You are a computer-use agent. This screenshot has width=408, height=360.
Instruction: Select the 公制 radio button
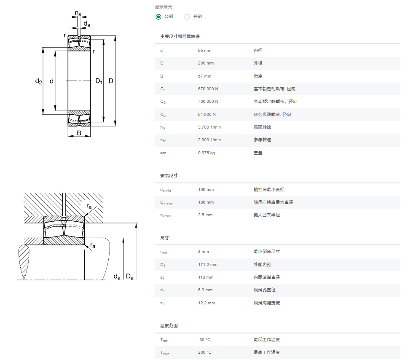[x=158, y=17]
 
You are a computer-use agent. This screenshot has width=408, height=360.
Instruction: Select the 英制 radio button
[x=187, y=17]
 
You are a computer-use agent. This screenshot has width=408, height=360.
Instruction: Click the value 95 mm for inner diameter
[x=204, y=51]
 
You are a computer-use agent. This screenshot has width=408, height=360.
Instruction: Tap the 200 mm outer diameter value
[x=206, y=63]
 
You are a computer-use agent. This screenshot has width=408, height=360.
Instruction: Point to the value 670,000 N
[x=208, y=89]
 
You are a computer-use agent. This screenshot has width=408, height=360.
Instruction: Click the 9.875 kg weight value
[x=207, y=153]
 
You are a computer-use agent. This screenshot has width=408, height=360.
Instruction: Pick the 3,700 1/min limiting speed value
[x=209, y=127]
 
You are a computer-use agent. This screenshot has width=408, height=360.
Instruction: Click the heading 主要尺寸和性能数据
[x=180, y=36]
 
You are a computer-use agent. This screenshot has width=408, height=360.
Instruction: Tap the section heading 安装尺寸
[x=169, y=176]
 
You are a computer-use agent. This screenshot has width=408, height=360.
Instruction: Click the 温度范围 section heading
[x=169, y=325]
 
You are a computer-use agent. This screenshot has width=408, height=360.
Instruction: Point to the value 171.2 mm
[x=208, y=264]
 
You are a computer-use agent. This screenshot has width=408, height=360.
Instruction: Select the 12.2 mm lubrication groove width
[x=207, y=303]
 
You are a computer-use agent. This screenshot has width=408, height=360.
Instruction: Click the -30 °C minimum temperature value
[x=204, y=339]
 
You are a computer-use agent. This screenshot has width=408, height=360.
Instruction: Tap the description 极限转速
[x=262, y=127]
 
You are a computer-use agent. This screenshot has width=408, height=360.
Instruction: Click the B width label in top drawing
[x=79, y=133]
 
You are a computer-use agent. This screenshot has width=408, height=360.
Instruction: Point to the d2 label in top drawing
[x=38, y=81]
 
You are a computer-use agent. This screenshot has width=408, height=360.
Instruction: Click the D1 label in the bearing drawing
[x=99, y=81]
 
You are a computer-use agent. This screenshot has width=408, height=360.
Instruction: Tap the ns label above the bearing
[x=78, y=13]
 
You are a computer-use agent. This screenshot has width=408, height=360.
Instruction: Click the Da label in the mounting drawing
[x=129, y=277]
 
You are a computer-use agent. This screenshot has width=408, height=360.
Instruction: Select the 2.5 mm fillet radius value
[x=205, y=215]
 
